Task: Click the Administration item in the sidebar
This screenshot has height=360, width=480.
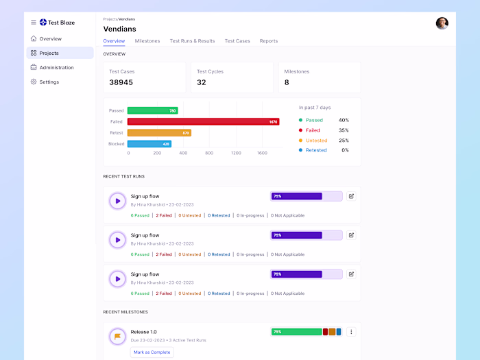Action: point(56,67)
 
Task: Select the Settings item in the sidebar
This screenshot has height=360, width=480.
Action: point(49,82)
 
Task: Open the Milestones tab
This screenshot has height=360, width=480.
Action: point(147,41)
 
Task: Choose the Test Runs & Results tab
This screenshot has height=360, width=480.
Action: point(192,41)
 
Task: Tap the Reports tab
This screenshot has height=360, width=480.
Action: point(269,41)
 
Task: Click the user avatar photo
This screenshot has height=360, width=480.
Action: point(442,23)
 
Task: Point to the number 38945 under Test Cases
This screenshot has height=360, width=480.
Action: point(121,82)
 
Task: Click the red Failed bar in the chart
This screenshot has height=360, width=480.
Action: point(203,121)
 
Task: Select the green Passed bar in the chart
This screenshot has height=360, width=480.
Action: point(152,110)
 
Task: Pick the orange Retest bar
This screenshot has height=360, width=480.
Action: point(159,132)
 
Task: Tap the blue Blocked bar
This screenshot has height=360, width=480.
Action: point(149,144)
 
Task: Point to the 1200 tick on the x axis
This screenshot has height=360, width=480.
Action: point(236,153)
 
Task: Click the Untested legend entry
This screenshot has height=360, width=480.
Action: point(316,140)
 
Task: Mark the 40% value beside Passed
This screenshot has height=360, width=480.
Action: point(344,120)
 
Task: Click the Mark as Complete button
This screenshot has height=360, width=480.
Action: point(152,352)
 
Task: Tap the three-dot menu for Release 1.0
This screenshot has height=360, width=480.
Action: point(351,332)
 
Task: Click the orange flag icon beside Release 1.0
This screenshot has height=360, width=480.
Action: point(117,336)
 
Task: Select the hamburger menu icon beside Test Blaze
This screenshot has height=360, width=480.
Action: point(34,23)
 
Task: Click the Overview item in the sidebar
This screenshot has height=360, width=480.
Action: point(50,38)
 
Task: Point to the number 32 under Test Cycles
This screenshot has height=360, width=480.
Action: point(202,82)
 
